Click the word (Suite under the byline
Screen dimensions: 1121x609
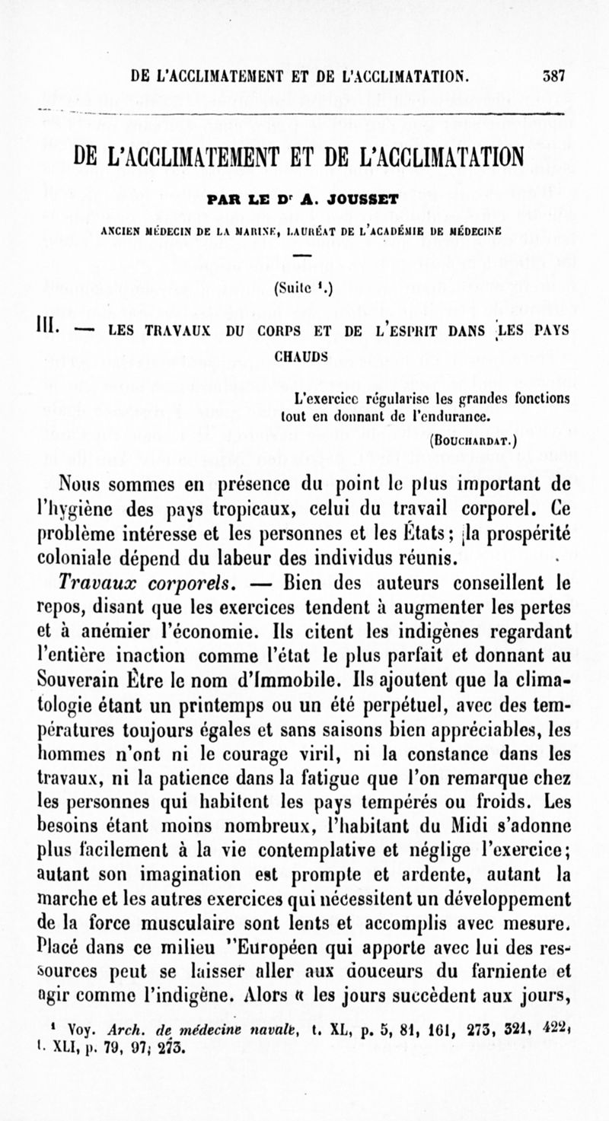click(290, 288)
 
